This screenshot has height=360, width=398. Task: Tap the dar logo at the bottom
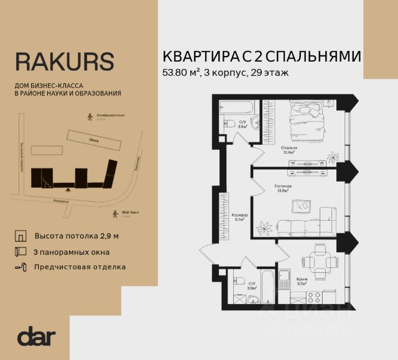coord(37,337)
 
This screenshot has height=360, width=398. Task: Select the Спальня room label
coord(288,148)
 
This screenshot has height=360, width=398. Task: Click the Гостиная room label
coord(283,186)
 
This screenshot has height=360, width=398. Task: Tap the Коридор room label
coord(239,215)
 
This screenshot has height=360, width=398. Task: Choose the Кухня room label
coord(303,280)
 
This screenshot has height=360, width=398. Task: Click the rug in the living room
coord(305,205)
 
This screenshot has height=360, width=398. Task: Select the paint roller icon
coord(21,267)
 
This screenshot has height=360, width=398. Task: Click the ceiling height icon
coord(21,237)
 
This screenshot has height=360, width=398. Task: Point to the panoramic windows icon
coord(21,252)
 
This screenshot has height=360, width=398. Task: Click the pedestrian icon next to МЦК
coord(114,214)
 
